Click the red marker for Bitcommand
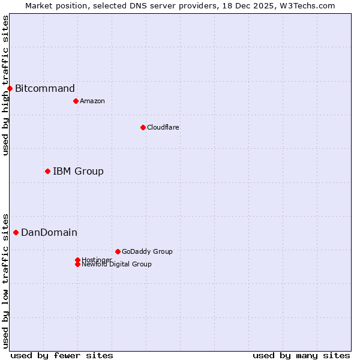[10, 89]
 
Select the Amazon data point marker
[76, 101]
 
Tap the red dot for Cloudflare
[143, 127]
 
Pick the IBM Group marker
[47, 172]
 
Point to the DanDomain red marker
[16, 232]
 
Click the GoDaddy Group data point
[118, 251]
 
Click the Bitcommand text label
[45, 89]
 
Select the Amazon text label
[92, 101]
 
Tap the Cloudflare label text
[163, 127]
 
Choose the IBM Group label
[78, 172]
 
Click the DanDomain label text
[49, 232]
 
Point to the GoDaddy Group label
[147, 251]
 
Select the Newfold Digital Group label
[117, 265]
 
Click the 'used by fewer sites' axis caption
[62, 355]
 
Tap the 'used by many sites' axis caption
[301, 355]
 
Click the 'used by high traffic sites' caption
[5, 85]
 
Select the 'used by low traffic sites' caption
[5, 280]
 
